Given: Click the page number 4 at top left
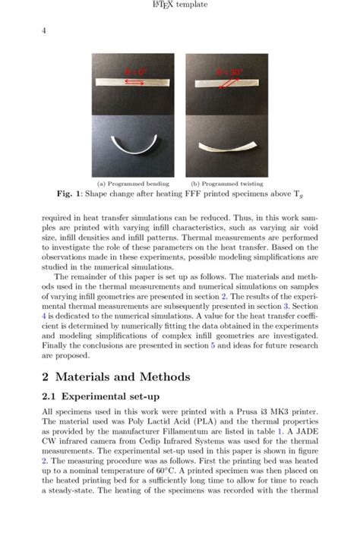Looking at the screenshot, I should (x=44, y=30).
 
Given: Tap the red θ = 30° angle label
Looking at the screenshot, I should (x=228, y=72).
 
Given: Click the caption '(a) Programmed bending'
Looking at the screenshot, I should (x=133, y=184).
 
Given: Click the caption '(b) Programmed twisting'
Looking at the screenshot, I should (x=226, y=184).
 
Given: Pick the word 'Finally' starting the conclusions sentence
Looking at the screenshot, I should (x=57, y=345).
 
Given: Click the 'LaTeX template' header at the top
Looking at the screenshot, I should (x=179, y=6).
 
